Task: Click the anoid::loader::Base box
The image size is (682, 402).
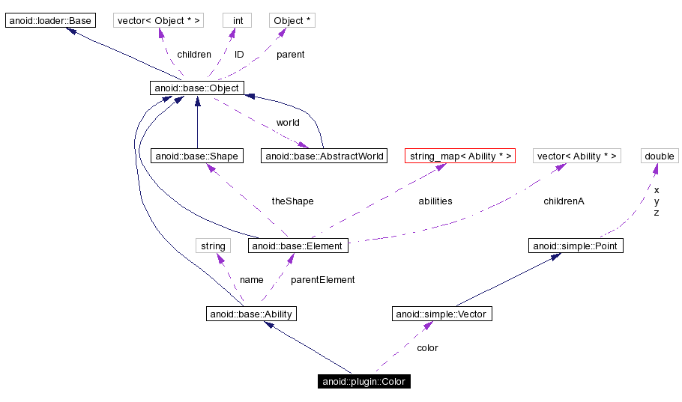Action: coord(50,20)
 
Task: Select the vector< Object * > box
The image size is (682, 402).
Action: coord(159,20)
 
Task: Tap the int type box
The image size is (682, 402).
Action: coord(237,20)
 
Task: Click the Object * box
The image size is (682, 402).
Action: coord(292,20)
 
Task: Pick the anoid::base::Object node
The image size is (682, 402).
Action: coord(196,88)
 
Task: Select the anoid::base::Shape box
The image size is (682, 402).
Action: coord(196,156)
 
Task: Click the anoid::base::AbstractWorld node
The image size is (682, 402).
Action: coord(324,156)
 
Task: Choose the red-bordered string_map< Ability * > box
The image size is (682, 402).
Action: coord(460,156)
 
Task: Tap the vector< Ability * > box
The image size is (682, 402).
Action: coord(577,156)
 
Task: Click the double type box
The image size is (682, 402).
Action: coord(660,156)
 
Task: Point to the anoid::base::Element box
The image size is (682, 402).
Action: coord(298,246)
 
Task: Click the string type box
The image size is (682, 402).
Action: coord(213,246)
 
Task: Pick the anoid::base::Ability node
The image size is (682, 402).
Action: coord(251,314)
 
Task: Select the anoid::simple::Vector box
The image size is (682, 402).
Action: coord(442,314)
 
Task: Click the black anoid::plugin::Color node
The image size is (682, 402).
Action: coord(363,382)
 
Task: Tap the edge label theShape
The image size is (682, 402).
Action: coord(292,201)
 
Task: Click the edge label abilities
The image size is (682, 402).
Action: coord(435,201)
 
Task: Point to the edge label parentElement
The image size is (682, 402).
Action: coord(322,280)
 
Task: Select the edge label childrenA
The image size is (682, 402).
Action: coord(564,201)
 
